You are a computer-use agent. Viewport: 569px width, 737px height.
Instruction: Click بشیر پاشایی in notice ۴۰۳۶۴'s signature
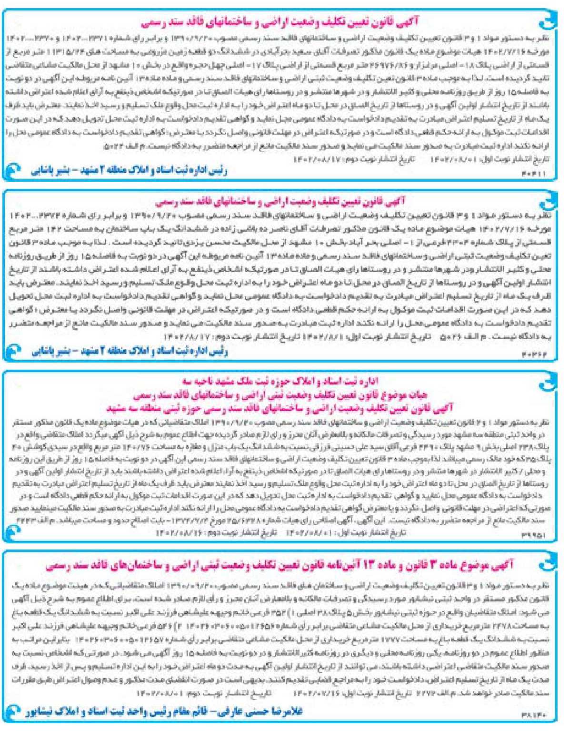tap(53, 352)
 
